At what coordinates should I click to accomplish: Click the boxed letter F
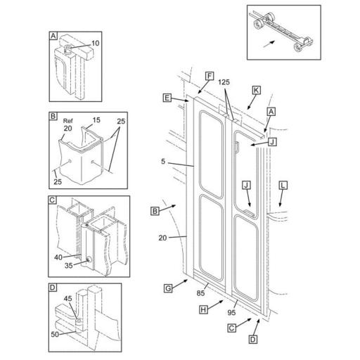click(x=210, y=76)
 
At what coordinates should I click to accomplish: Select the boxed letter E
click(x=167, y=98)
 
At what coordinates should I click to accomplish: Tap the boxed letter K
click(x=256, y=90)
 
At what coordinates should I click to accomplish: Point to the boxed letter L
click(x=283, y=186)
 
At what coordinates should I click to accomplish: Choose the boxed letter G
click(x=168, y=288)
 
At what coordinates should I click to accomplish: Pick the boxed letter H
click(x=203, y=310)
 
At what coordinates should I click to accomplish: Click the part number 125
click(x=224, y=82)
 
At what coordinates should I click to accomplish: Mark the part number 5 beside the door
click(x=163, y=162)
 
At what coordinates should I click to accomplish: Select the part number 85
click(x=200, y=293)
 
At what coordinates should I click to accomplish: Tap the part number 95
click(x=231, y=312)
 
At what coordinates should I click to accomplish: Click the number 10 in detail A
click(x=96, y=44)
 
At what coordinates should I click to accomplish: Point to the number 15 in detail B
click(x=96, y=120)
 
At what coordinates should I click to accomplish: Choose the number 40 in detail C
click(x=58, y=257)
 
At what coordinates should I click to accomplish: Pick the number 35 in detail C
click(x=69, y=266)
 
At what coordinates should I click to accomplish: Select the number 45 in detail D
click(x=68, y=299)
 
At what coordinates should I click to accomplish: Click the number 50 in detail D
click(x=55, y=334)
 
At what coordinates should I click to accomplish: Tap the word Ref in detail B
click(x=68, y=121)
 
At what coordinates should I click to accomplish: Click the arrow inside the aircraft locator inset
click(x=269, y=44)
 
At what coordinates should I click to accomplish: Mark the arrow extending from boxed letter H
click(x=215, y=304)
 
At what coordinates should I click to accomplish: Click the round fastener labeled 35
click(x=89, y=259)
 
